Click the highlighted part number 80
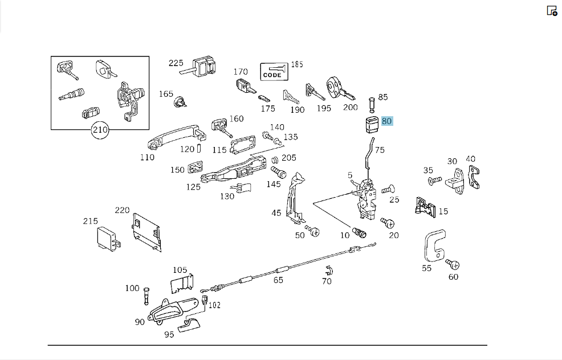pyautogui.click(x=387, y=121)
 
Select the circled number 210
pyautogui.click(x=100, y=130)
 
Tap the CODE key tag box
pyautogui.click(x=274, y=72)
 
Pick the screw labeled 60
pyautogui.click(x=453, y=264)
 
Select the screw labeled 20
pyautogui.click(x=388, y=223)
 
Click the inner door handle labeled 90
pyautogui.click(x=172, y=309)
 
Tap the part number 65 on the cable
pyautogui.click(x=278, y=280)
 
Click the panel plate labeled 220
pyautogui.click(x=146, y=232)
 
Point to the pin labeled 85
pyautogui.click(x=372, y=104)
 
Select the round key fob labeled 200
pyautogui.click(x=337, y=88)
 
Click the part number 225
pyautogui.click(x=176, y=63)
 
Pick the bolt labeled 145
pyautogui.click(x=279, y=172)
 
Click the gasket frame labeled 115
pyautogui.click(x=243, y=145)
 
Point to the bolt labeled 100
pyautogui.click(x=146, y=296)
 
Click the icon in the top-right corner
pyautogui.click(x=552, y=11)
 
